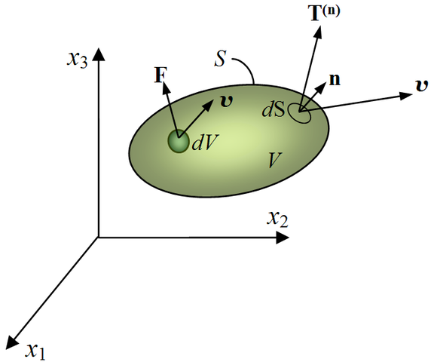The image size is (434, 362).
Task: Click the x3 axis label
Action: pos(77,59)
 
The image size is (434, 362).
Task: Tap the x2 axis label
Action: pos(277,219)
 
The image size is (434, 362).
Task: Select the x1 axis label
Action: pos(35,351)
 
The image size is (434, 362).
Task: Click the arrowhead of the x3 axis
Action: pos(98,54)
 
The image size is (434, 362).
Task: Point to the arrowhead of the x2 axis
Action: pos(283,238)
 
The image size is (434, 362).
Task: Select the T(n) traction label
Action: pos(324,13)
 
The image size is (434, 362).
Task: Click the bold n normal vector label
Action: pos(335,80)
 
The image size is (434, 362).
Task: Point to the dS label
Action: pos(274,110)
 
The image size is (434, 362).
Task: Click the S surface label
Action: pos(220,59)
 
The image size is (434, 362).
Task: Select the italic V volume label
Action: pos(275,160)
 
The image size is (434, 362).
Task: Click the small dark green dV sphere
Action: pos(179,141)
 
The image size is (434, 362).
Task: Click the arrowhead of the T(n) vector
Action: pos(318,32)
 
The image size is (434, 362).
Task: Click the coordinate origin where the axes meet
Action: pos(98,237)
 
